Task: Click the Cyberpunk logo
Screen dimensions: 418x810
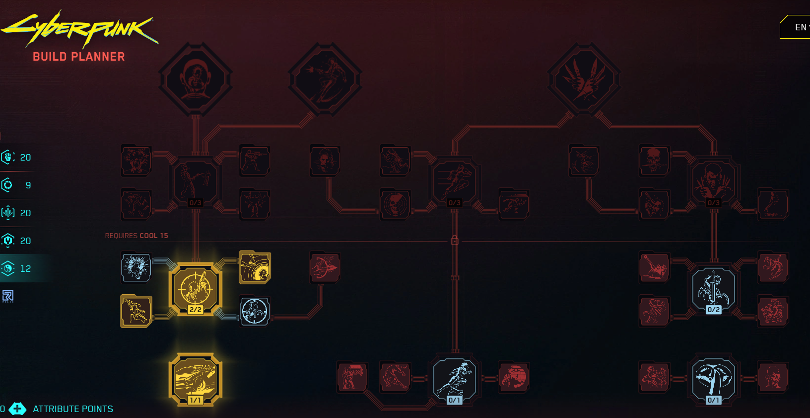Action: [79, 29]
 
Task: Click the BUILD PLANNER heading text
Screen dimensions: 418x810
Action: [79, 57]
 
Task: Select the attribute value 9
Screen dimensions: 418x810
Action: [28, 185]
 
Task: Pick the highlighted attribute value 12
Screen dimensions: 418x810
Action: [25, 268]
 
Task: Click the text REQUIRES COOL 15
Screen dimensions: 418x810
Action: [136, 236]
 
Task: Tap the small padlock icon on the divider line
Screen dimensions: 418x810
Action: [455, 241]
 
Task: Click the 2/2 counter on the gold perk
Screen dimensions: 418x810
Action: [196, 310]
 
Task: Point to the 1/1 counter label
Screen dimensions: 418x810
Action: [196, 400]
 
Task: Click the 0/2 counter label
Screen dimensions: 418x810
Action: [714, 310]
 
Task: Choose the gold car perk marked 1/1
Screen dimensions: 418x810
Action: [196, 379]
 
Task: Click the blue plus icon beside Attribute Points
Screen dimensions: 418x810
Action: [17, 409]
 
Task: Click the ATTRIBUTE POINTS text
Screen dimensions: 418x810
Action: [73, 409]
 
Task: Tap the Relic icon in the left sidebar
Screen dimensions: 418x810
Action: [8, 296]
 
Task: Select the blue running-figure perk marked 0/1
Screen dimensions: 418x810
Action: [455, 379]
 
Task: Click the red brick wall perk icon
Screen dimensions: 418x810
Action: [514, 377]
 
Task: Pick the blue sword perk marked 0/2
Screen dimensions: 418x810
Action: [714, 288]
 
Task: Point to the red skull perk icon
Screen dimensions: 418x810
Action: [654, 160]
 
